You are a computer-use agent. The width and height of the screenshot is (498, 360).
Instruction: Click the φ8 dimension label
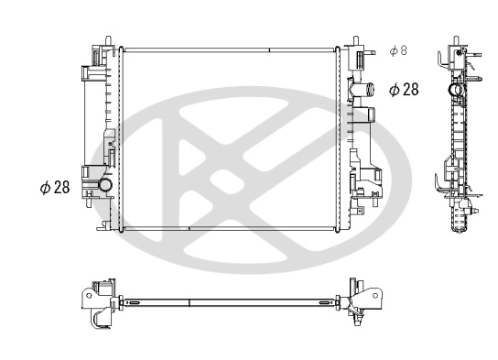(x=398, y=51)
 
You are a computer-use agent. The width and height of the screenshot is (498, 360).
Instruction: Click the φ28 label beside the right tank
(x=403, y=89)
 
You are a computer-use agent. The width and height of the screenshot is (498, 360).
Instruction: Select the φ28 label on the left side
(x=54, y=187)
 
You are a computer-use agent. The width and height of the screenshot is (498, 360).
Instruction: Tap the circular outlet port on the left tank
(x=105, y=187)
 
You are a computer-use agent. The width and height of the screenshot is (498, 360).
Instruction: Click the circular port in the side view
(x=453, y=92)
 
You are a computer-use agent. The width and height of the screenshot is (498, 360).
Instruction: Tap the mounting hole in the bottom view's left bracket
(x=88, y=295)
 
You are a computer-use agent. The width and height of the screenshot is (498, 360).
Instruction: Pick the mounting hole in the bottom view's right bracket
(x=376, y=295)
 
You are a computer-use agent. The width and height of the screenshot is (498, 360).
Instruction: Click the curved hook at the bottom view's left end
(x=95, y=320)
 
